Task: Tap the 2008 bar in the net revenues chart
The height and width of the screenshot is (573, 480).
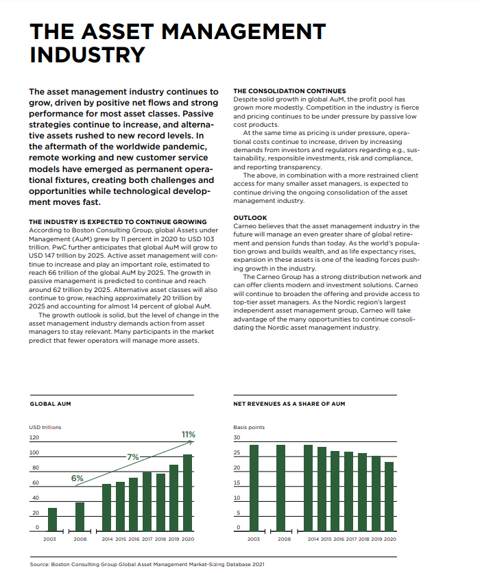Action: click(280, 487)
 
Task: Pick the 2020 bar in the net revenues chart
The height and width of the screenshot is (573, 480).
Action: click(389, 496)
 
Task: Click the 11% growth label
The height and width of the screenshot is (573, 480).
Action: click(188, 435)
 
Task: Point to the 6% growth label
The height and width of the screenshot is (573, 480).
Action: click(77, 478)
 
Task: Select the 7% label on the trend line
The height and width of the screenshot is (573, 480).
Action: click(133, 456)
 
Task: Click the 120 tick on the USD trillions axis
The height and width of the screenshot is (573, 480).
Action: click(34, 437)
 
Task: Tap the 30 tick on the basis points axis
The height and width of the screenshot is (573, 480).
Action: click(237, 437)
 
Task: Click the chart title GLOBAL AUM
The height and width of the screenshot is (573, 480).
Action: click(51, 404)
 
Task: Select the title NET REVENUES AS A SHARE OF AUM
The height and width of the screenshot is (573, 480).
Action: click(289, 404)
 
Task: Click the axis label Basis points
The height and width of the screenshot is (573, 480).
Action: click(249, 427)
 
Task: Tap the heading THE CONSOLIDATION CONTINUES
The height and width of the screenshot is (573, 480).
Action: click(289, 91)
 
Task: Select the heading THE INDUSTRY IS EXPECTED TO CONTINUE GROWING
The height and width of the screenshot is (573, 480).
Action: click(118, 222)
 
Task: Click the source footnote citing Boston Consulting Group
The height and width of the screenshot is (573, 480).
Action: click(147, 564)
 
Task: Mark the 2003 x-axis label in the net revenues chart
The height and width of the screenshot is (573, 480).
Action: click(254, 539)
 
